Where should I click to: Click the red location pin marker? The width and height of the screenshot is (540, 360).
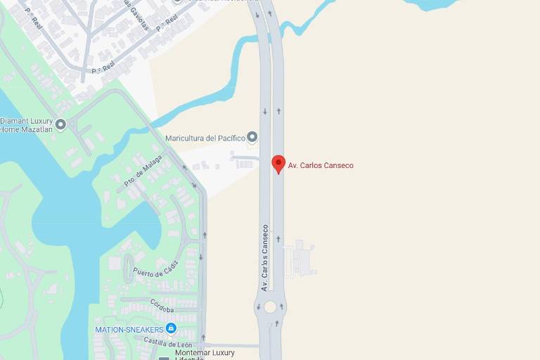click(x=278, y=164)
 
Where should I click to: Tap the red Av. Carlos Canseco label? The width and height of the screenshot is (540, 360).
click(x=321, y=165)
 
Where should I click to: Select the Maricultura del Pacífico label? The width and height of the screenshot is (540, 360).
click(x=205, y=138)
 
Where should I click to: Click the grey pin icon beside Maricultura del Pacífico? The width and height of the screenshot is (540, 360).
click(x=252, y=137)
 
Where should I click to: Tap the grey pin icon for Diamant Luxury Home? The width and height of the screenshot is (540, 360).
click(x=60, y=124)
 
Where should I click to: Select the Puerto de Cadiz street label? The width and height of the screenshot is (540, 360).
click(x=155, y=269)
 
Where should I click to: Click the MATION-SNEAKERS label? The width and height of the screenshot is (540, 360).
click(x=129, y=329)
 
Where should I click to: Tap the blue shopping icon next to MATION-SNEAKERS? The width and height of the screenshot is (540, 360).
click(x=171, y=328)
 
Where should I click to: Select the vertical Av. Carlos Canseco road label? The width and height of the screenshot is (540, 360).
click(x=265, y=257)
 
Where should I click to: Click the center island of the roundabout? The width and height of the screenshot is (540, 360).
click(x=270, y=307)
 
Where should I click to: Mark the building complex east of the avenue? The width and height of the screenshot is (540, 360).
click(x=301, y=258)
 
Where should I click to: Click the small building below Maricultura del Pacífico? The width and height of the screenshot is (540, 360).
click(x=243, y=163)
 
